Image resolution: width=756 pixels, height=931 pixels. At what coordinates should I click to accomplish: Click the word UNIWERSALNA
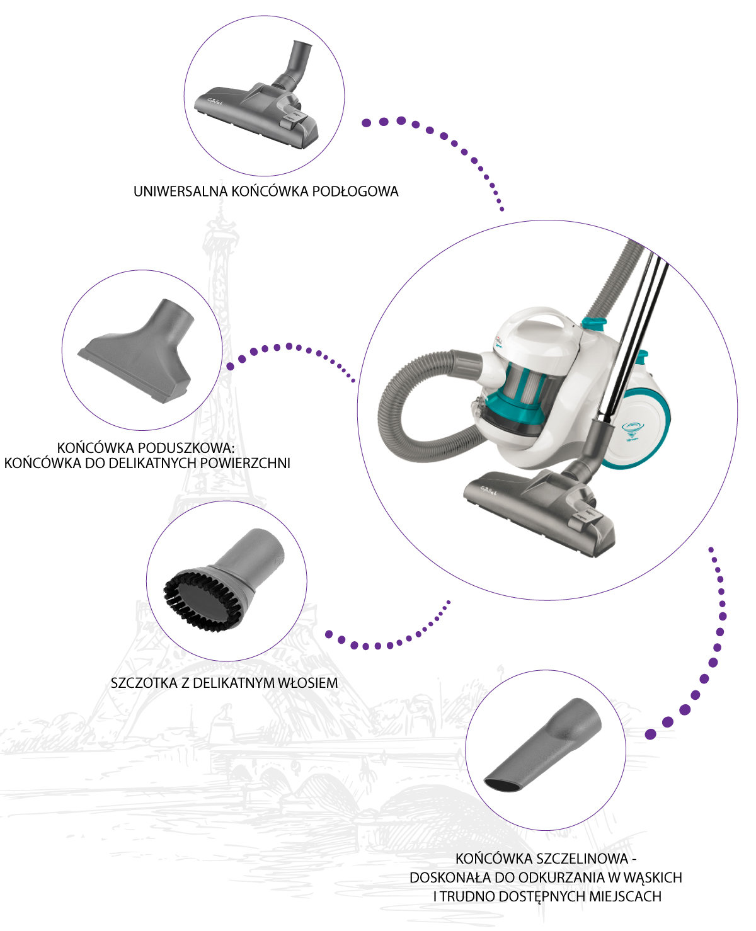click(180, 191)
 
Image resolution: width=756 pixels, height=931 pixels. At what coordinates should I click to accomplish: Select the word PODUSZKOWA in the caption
click(186, 448)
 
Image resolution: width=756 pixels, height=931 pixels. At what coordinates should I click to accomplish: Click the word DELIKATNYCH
click(153, 464)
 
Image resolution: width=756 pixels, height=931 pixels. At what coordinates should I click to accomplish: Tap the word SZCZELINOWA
click(582, 859)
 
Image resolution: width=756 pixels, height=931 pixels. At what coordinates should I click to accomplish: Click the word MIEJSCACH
click(625, 896)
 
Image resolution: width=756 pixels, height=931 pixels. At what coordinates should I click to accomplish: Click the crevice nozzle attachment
click(543, 745)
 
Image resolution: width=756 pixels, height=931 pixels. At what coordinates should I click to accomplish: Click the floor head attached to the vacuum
click(540, 511)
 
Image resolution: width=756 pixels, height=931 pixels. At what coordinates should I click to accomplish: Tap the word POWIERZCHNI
click(245, 464)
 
